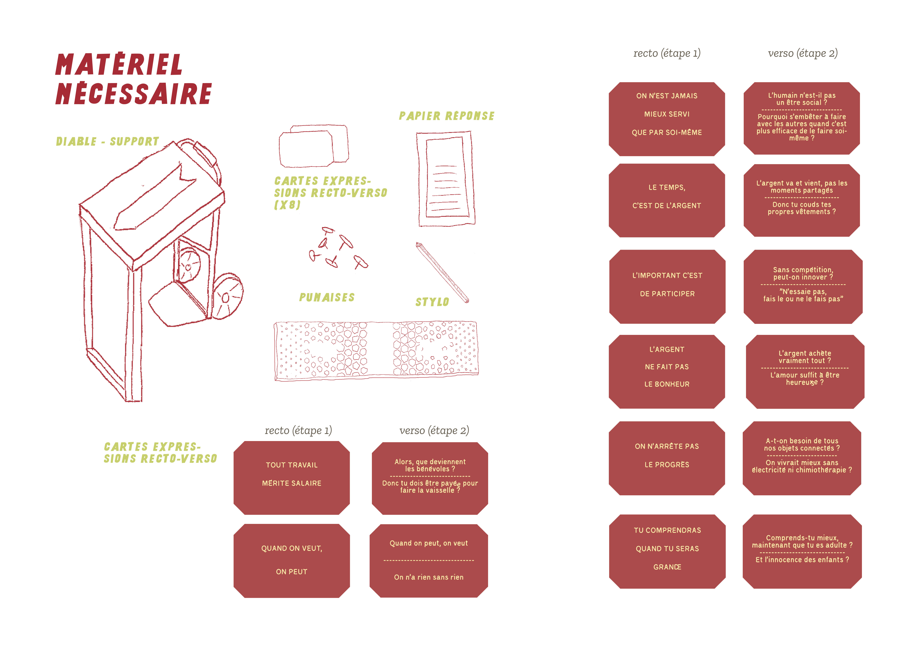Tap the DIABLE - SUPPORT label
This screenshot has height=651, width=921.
tap(108, 142)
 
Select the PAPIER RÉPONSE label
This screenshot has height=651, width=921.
tap(446, 116)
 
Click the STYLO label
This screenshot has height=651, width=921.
tap(432, 302)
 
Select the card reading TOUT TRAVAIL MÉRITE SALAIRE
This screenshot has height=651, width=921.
tap(292, 477)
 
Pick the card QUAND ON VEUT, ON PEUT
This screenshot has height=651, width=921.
tap(292, 560)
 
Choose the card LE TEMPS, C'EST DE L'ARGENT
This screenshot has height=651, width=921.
tap(667, 200)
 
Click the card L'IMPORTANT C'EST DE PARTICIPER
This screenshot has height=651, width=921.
tap(667, 286)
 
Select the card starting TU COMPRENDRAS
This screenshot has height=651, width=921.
tap(667, 551)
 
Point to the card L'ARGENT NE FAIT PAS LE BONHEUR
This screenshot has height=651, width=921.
tap(667, 371)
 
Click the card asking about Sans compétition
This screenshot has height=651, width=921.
tap(803, 286)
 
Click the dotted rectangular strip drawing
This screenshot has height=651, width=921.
tap(376, 350)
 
